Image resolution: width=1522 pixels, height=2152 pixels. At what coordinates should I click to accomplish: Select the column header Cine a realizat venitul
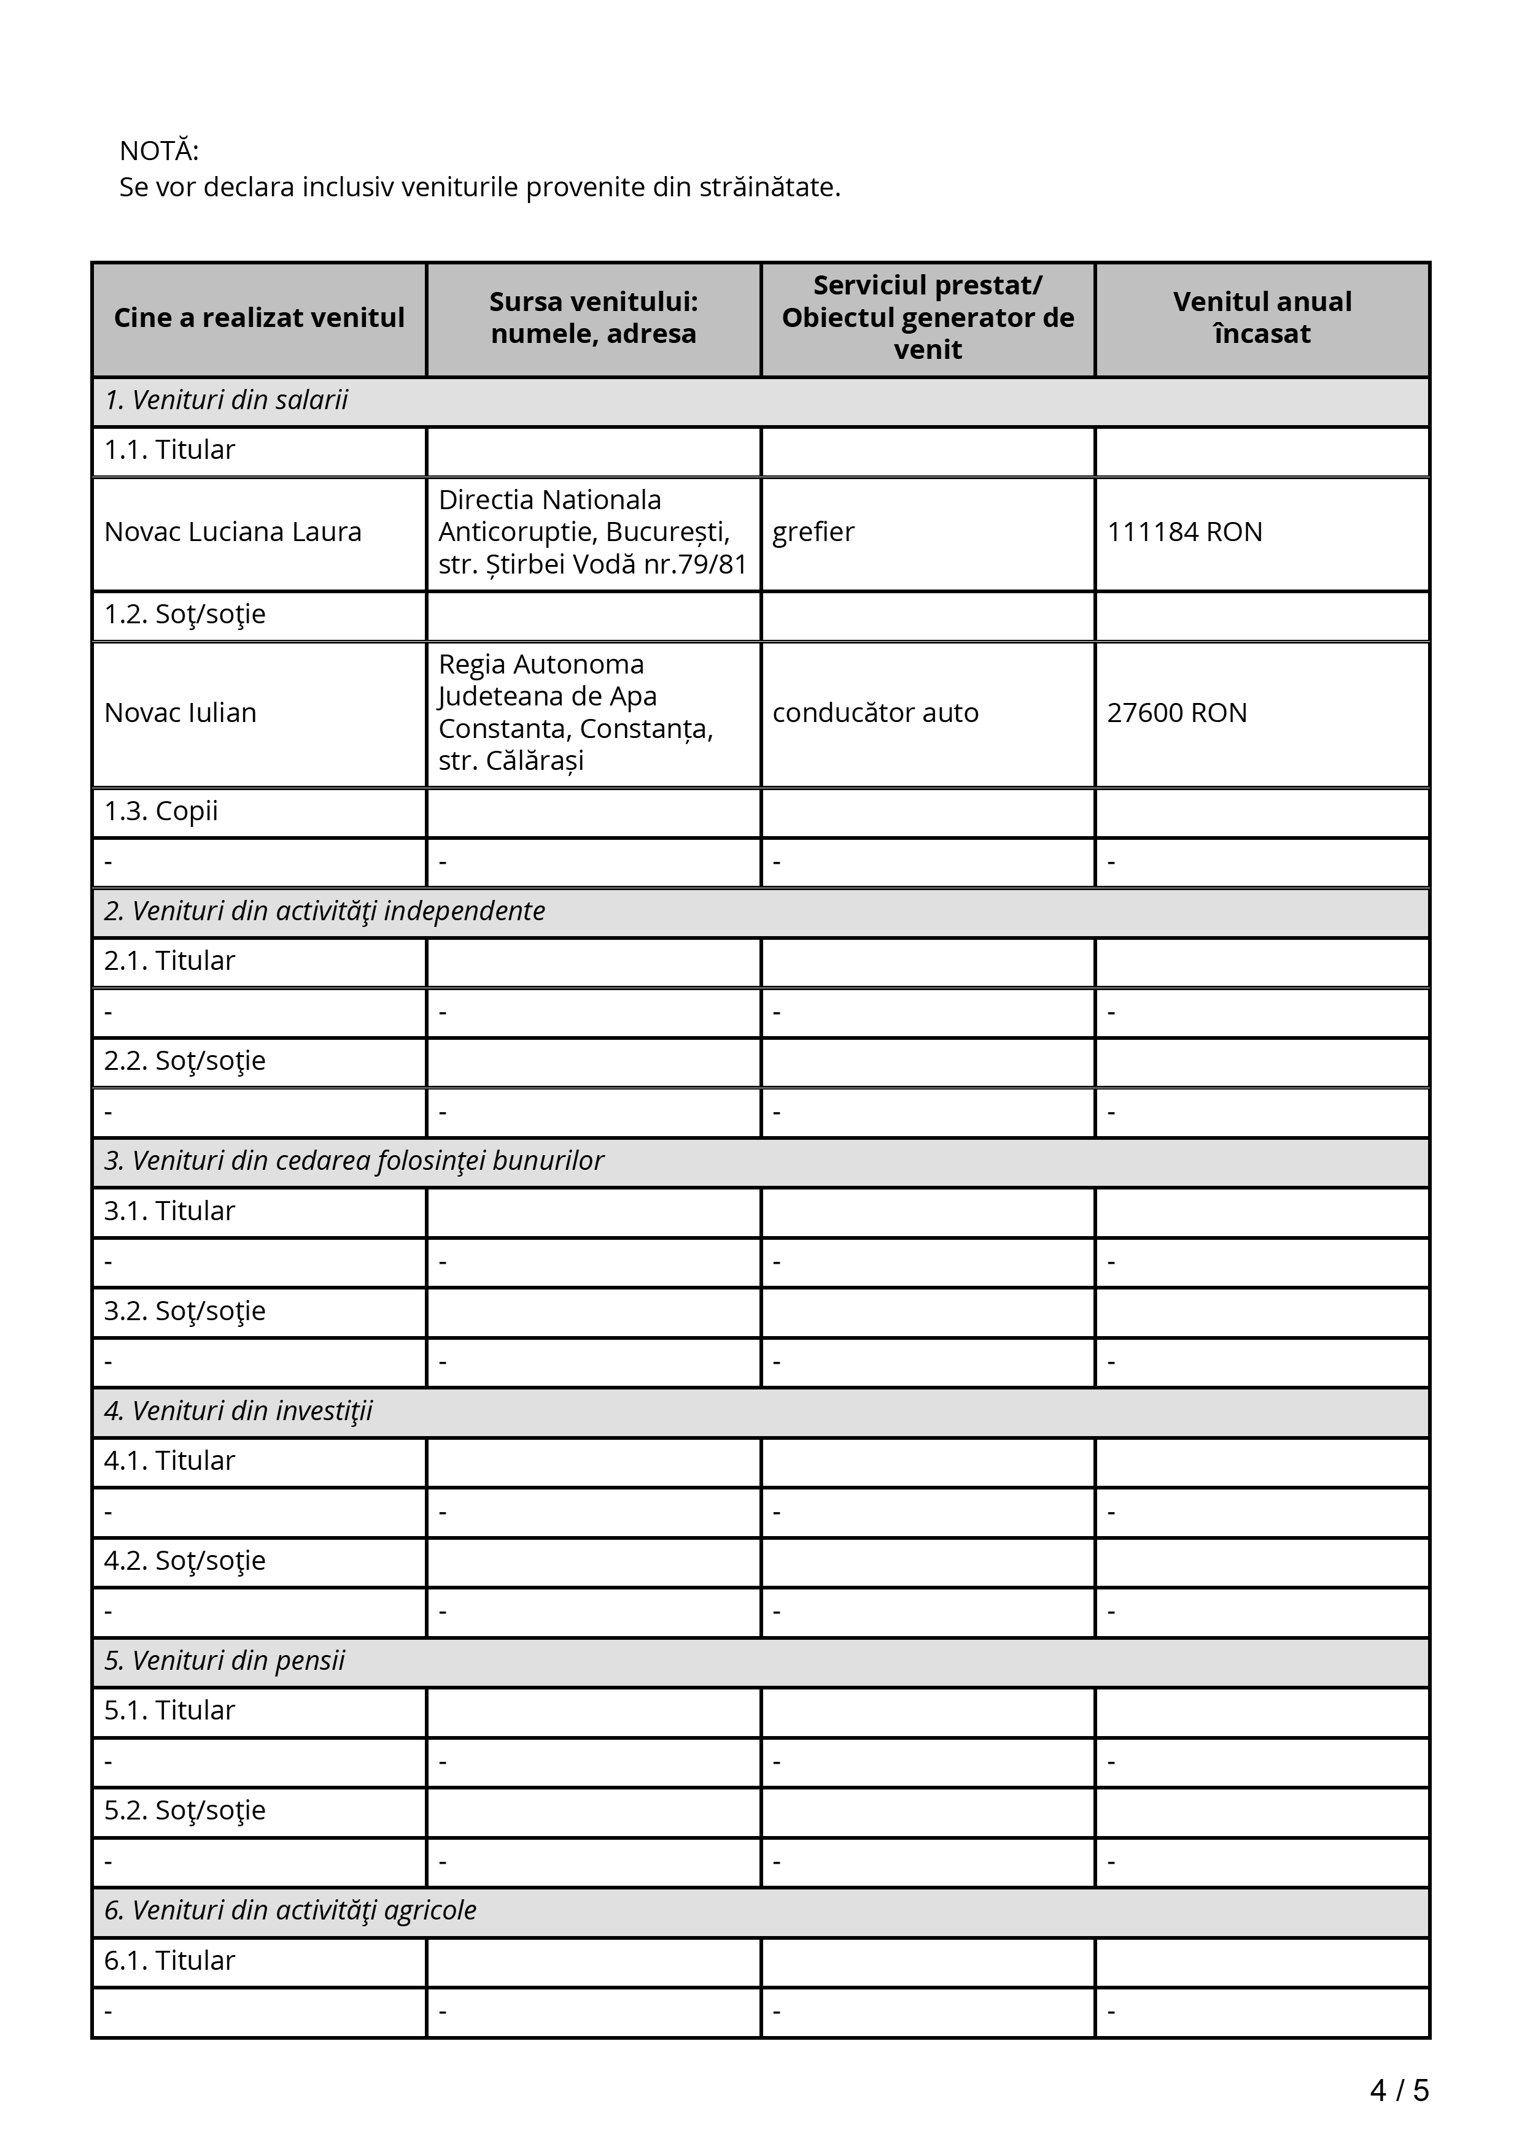coord(259,318)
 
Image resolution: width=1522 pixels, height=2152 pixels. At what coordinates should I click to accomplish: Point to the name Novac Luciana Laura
coord(233,532)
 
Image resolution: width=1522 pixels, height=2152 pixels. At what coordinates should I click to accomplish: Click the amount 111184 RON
coord(1184,532)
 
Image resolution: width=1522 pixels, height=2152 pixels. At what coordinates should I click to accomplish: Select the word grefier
coord(813,532)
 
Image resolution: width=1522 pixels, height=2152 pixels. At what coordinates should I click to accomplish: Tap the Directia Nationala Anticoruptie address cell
coord(592,532)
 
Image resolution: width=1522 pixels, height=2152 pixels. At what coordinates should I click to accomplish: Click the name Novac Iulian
coord(180,713)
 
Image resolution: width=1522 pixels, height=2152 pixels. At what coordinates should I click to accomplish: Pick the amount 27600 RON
coord(1177,713)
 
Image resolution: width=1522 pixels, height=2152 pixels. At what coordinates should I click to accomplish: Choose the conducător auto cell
coord(875,713)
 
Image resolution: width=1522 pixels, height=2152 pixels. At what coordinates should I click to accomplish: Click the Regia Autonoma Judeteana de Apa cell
coord(576,713)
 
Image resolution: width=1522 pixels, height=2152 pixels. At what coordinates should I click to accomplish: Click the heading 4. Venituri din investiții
coord(238,1412)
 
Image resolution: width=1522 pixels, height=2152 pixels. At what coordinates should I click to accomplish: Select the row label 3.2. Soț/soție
coord(185,1311)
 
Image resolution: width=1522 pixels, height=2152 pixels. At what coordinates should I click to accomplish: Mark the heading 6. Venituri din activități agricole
coord(290,1910)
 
